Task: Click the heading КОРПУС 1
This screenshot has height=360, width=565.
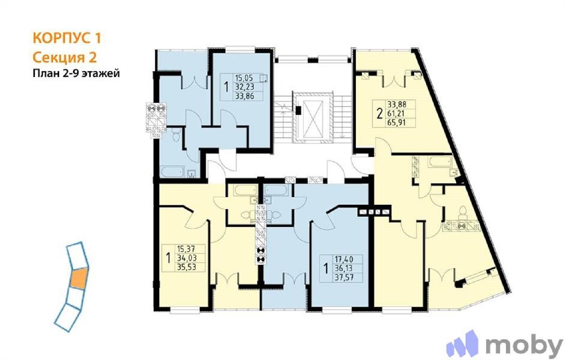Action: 67,38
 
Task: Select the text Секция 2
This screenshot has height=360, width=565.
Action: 65,58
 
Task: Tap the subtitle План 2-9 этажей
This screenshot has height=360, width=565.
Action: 76,74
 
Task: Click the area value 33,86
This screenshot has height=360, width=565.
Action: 244,96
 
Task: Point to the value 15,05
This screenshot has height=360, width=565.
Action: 244,78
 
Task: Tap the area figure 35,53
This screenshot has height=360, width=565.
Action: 187,267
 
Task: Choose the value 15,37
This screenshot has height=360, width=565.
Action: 186,249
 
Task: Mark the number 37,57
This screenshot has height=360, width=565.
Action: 344,277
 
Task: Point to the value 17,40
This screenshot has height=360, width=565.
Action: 344,259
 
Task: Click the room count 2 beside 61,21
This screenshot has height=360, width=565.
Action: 380,113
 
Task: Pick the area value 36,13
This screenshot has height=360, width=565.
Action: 344,268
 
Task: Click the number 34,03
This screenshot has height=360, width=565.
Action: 187,258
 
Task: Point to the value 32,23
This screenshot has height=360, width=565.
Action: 244,87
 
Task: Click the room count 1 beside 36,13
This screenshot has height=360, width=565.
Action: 326,269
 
